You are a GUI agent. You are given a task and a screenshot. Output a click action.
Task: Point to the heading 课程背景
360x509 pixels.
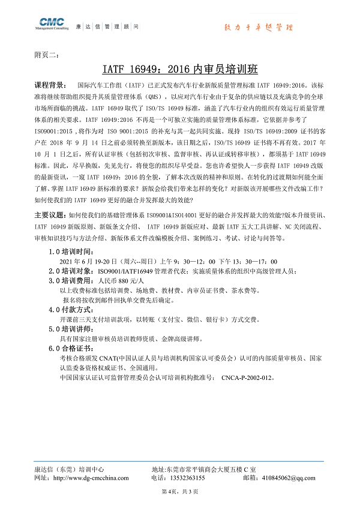point(52,85)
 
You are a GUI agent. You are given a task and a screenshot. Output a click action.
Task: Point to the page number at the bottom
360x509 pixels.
point(179,492)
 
